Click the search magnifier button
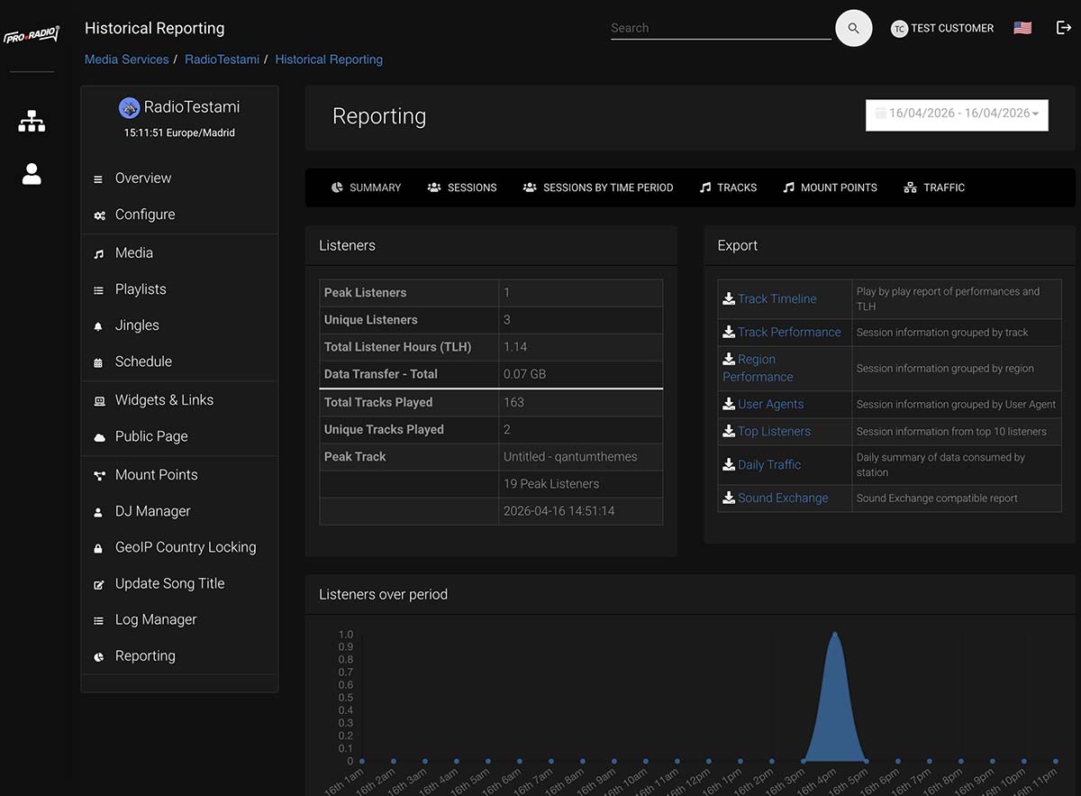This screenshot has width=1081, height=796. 853,28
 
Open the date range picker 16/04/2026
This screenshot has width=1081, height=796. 957,114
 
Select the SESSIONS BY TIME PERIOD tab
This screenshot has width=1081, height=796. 598,188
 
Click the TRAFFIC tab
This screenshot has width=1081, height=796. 934,188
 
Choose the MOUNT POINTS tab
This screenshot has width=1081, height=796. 830,188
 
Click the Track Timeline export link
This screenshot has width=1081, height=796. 777,298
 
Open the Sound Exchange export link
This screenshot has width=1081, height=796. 782,498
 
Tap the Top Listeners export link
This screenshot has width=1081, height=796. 774,431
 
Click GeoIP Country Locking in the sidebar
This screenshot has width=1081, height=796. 185,547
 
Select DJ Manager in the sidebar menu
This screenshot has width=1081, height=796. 152,511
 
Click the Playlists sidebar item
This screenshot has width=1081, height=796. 141,289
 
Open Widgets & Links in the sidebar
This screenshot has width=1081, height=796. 164,400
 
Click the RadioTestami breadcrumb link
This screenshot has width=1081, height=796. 222,59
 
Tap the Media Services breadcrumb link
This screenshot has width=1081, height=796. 127,59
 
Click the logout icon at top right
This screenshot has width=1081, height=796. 1063,28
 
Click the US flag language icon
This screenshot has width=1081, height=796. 1022,28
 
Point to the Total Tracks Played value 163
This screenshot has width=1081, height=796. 513,402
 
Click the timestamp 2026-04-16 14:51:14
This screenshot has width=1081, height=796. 559,510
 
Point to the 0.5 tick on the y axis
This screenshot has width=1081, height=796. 346,698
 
